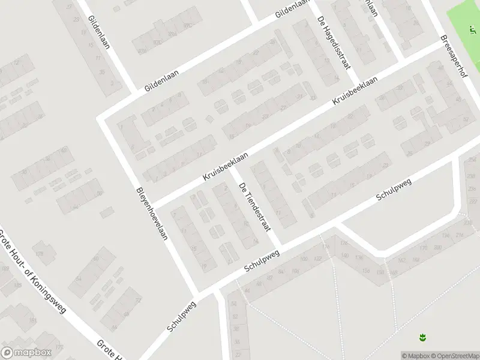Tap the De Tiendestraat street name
[255, 207]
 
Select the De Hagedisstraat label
[333, 43]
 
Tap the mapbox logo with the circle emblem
[26, 353]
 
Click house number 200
[445, 236]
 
